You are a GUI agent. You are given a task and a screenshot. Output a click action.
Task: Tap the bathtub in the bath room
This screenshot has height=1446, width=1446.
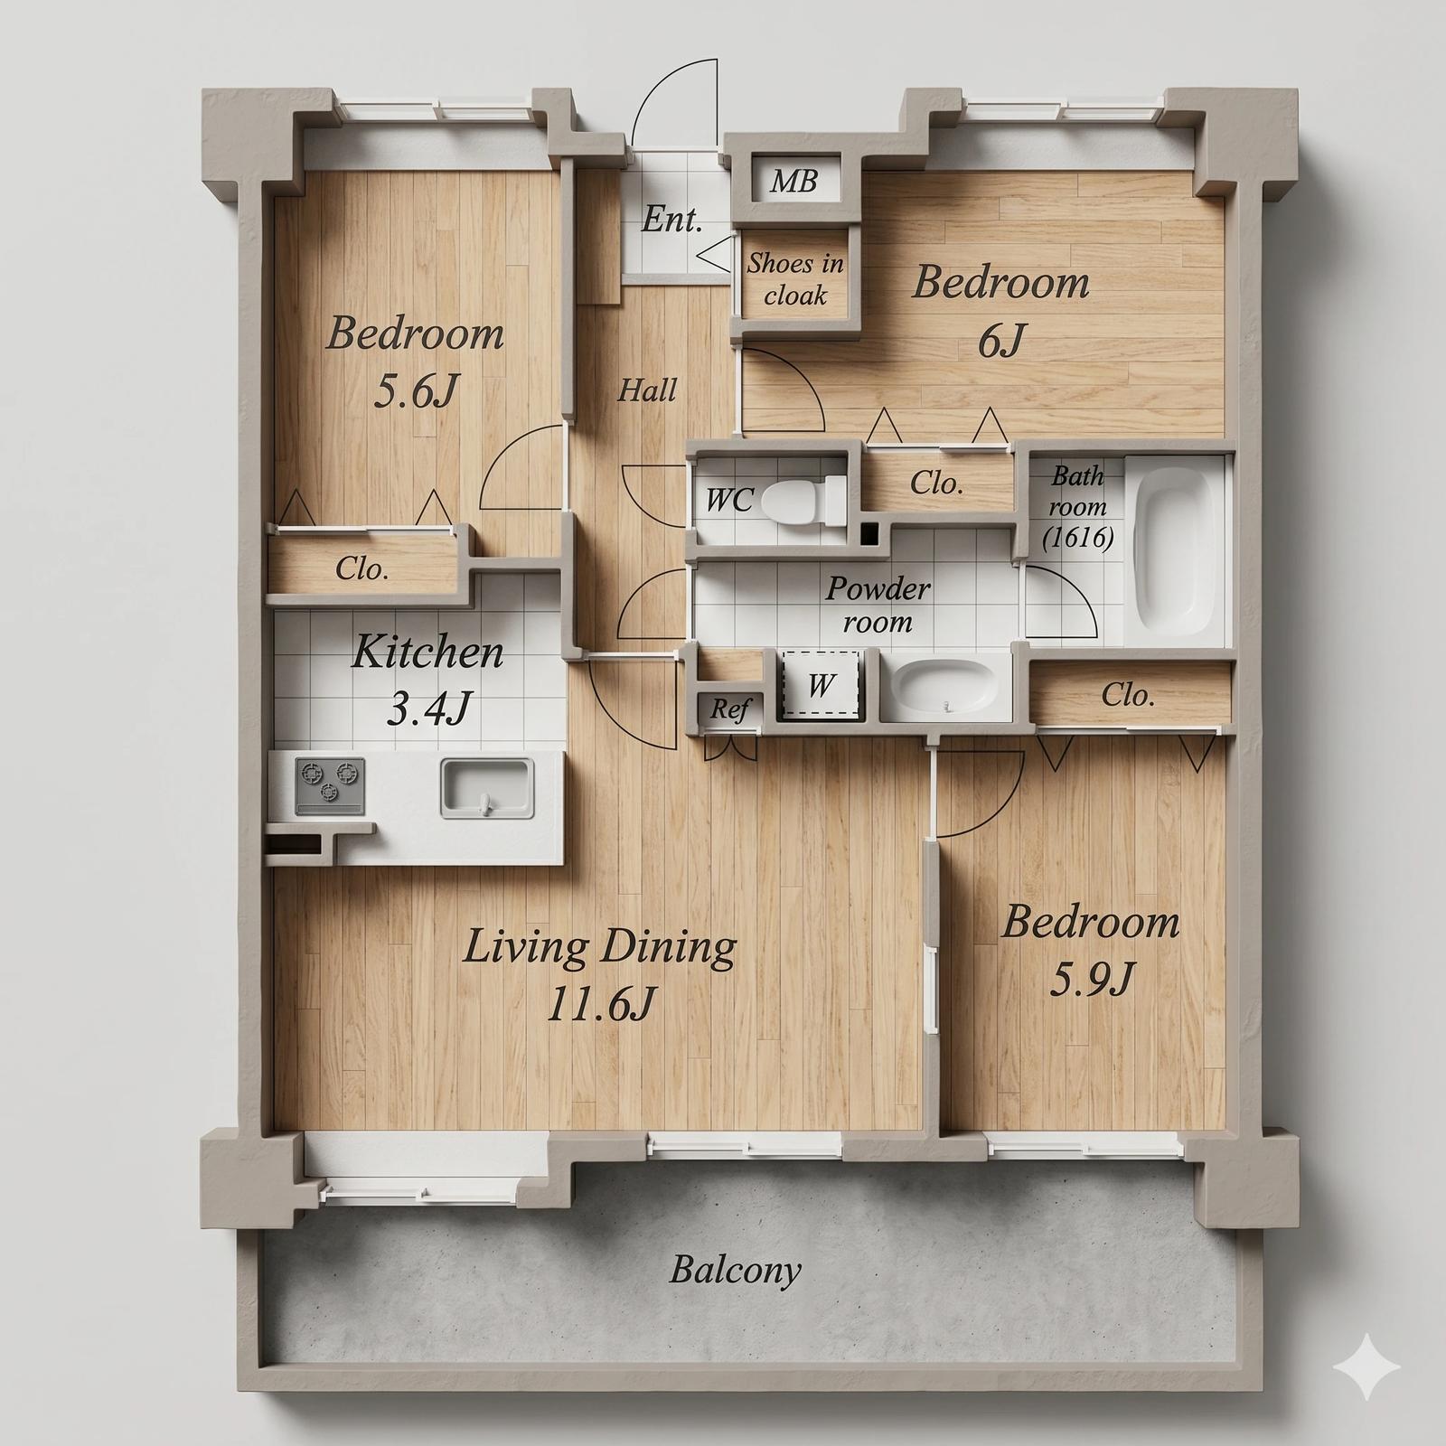point(1173,550)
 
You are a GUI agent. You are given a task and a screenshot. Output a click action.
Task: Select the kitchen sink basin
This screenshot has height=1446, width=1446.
point(486,786)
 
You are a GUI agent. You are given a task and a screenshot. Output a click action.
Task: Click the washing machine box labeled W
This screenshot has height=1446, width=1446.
point(820,684)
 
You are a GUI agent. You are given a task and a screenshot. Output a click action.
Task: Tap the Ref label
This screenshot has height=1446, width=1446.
point(729,709)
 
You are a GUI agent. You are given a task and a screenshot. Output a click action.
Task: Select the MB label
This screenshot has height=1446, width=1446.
point(793,182)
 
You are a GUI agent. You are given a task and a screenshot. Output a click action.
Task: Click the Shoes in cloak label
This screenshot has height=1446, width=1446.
point(795,279)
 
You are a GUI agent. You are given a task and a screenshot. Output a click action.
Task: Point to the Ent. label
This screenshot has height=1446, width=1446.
point(671,219)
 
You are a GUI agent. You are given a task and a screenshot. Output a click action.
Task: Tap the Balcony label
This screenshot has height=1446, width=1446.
point(735,1270)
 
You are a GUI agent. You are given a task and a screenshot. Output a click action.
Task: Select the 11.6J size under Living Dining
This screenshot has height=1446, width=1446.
point(601,1002)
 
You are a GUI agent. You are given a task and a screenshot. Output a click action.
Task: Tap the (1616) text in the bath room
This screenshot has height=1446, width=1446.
point(1077,538)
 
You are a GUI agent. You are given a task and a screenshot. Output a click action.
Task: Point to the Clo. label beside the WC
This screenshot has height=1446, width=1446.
point(936,484)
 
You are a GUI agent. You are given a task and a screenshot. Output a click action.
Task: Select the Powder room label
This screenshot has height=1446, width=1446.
point(878,605)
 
